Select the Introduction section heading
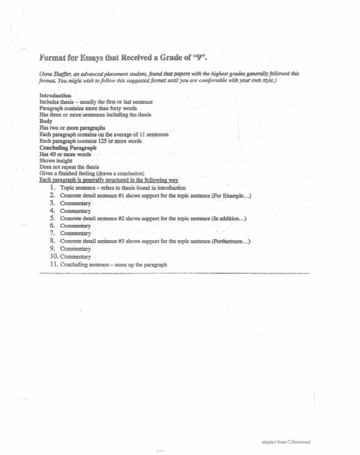[55, 95]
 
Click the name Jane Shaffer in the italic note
[55, 73]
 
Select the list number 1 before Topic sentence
[52, 187]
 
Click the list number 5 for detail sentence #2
[52, 218]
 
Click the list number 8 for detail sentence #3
[52, 241]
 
